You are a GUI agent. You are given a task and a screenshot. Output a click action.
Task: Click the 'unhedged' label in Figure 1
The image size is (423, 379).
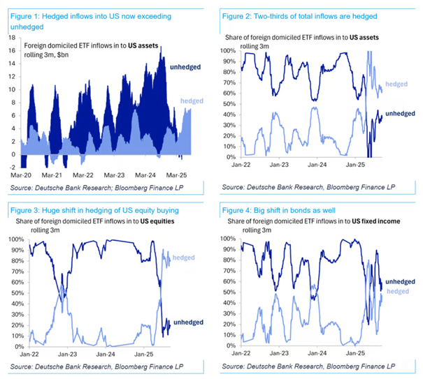pyautogui.click(x=185, y=67)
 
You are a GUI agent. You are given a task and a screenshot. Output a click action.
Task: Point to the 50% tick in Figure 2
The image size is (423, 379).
pyautogui.click(x=228, y=104)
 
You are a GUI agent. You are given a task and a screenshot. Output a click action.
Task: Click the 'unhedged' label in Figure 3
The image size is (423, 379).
pyautogui.click(x=189, y=322)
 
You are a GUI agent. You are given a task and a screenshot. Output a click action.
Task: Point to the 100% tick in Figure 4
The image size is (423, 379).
pyautogui.click(x=228, y=238)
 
